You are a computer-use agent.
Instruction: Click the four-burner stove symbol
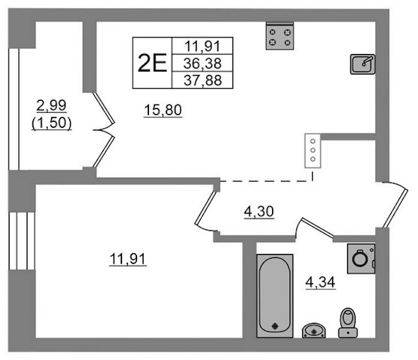280,36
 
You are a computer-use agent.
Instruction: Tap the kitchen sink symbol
363,64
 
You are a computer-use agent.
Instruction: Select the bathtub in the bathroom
275,296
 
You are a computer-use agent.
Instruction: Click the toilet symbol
348,323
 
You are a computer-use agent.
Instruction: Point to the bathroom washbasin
313,331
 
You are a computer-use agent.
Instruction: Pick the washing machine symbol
361,259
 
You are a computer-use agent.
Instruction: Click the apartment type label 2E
152,63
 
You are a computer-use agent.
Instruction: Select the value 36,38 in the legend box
202,64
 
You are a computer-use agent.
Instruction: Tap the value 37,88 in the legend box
202,80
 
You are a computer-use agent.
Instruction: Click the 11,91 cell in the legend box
202,46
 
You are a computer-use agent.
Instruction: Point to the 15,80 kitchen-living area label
163,110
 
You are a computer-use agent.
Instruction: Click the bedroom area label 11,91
128,259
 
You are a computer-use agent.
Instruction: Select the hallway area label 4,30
259,212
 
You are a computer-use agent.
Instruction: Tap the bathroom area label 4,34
320,282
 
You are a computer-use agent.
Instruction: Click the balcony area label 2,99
52,106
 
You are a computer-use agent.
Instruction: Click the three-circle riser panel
313,151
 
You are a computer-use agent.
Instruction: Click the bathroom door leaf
317,227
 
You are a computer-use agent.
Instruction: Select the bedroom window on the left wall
22,241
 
